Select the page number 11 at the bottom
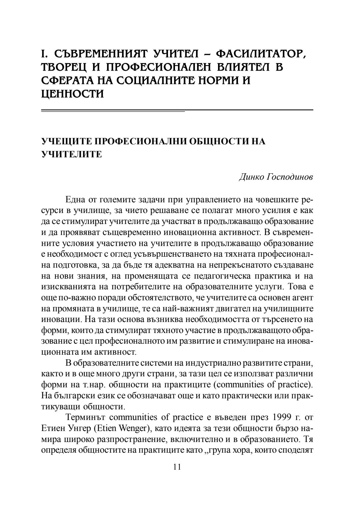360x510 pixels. pos(177,467)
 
